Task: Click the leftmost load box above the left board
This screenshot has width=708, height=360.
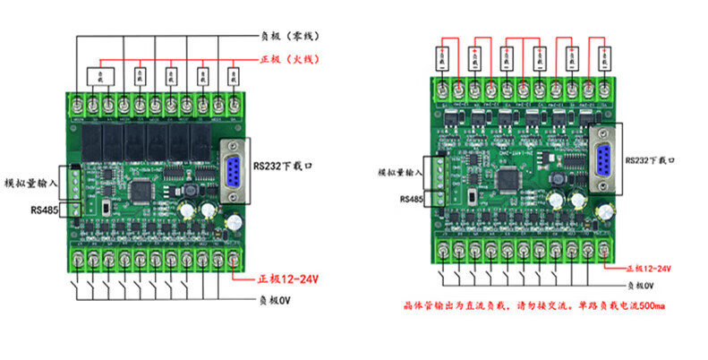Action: coord(99,74)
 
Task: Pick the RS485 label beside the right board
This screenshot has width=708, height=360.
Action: coord(411,198)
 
